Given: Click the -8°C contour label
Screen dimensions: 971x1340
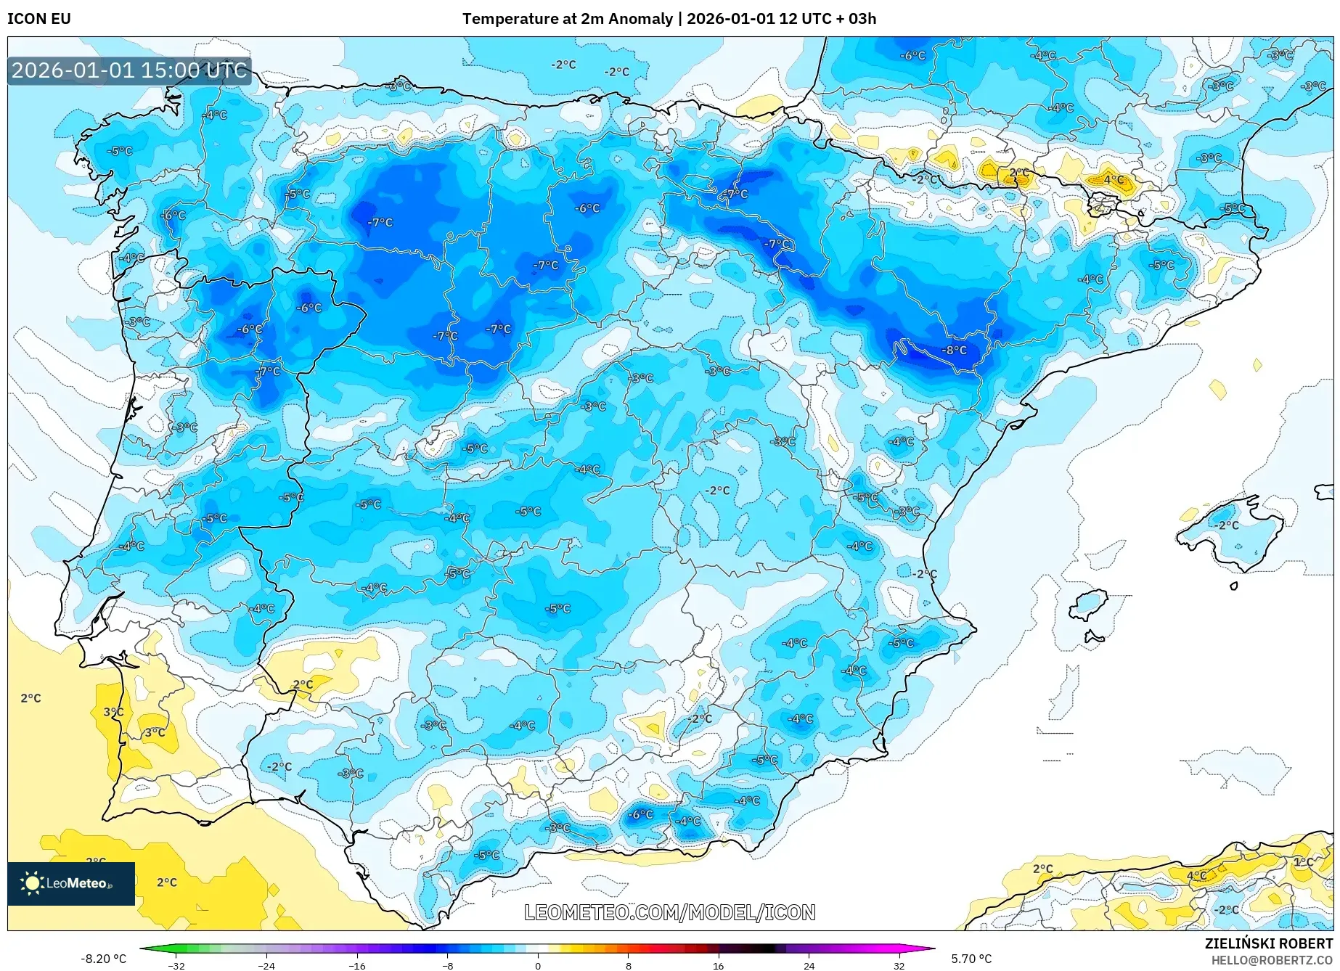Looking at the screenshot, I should coord(954,350).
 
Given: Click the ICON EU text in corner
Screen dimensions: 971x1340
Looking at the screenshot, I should coord(39,19).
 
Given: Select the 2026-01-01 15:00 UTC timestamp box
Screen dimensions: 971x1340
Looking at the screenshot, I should coord(129,70).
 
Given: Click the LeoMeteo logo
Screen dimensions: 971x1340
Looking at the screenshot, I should coord(71,883).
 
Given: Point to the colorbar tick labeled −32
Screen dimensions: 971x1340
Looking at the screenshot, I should coord(176,966).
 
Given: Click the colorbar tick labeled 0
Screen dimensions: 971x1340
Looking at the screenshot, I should coord(538,966).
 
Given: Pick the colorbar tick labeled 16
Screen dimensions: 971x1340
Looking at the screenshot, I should coord(718,966).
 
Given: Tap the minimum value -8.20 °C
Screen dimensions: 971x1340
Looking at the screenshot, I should coord(103,959).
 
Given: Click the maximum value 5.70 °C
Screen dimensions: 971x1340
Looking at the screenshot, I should coord(971,959).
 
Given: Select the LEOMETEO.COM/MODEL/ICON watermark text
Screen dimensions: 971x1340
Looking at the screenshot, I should coord(669,912).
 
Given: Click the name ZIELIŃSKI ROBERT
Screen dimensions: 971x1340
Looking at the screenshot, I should coord(1269,943).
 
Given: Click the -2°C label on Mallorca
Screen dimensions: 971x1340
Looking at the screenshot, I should coord(1227,525).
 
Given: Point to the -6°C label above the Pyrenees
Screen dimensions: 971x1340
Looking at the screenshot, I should coord(912,55).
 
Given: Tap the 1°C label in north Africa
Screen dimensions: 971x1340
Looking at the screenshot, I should coord(1303,861).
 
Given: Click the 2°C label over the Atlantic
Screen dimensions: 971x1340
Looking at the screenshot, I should coord(30,698).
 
